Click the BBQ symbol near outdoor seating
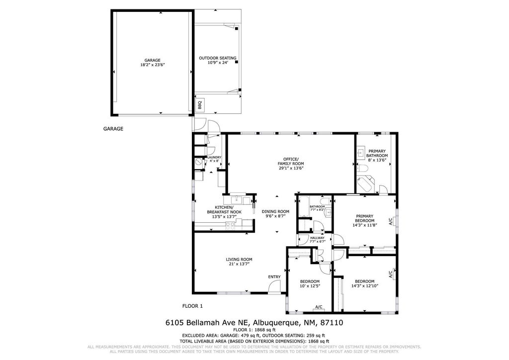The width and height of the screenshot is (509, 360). [x=200, y=105]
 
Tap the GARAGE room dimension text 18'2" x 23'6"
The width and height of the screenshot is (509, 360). [x=153, y=65]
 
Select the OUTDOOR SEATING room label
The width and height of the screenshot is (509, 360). [x=218, y=58]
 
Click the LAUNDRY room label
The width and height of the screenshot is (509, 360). [x=214, y=158]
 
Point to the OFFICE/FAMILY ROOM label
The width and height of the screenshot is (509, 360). [x=291, y=161]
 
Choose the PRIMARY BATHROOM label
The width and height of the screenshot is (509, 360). [x=377, y=153]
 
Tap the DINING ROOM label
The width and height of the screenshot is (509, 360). [x=275, y=211]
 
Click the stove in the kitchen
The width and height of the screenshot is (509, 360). [x=231, y=225]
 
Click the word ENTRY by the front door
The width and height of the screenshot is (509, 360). [x=274, y=277]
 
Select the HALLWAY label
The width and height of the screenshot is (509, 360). [x=317, y=238]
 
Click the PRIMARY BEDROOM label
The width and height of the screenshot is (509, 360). [x=364, y=218]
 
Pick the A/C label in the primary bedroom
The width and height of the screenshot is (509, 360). [x=391, y=222]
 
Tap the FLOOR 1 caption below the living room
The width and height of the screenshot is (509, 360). [x=192, y=306]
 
